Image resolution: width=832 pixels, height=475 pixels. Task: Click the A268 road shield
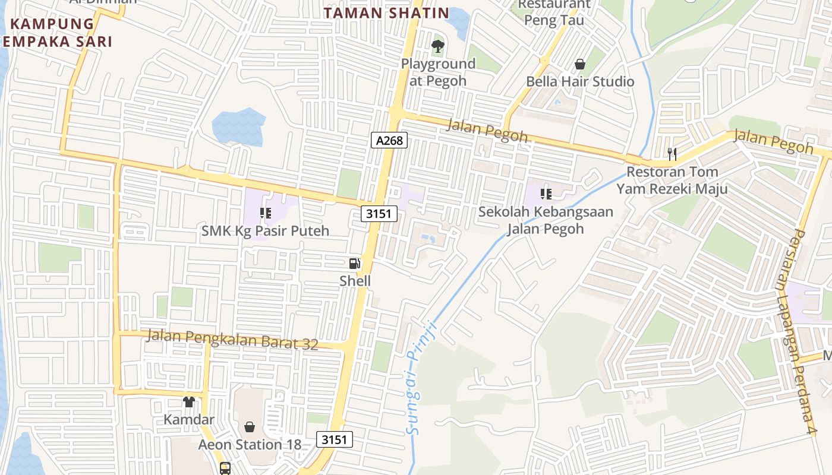point(389,140)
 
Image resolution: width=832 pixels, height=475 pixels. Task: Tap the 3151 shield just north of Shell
point(379,214)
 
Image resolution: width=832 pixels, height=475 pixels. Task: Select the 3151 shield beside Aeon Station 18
point(335,439)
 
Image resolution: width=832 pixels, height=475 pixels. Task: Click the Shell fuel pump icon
point(354,263)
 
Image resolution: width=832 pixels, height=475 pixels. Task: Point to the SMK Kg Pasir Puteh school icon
point(265,213)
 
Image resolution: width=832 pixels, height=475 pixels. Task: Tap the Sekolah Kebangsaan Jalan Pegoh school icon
point(546,194)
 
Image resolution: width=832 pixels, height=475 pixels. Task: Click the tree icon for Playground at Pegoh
point(438,46)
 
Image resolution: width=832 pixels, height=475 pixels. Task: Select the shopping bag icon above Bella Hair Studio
point(580,64)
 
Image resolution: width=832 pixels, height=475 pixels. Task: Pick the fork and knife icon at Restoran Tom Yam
point(672,154)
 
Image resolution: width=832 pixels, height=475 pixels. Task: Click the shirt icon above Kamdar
point(189,402)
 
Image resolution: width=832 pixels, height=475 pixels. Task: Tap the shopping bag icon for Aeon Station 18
point(250,427)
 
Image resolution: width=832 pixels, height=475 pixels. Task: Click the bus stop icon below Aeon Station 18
point(225,468)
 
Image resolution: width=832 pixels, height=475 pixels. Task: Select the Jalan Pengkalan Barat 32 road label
point(232,340)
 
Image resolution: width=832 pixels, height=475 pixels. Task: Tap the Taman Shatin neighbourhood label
point(386,13)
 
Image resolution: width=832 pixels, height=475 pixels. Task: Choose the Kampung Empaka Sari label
point(56,33)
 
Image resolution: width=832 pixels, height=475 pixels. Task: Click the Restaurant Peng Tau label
point(554,12)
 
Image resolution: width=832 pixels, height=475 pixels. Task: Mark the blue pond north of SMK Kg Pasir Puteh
point(238,126)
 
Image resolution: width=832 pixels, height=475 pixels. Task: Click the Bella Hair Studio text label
point(580,81)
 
